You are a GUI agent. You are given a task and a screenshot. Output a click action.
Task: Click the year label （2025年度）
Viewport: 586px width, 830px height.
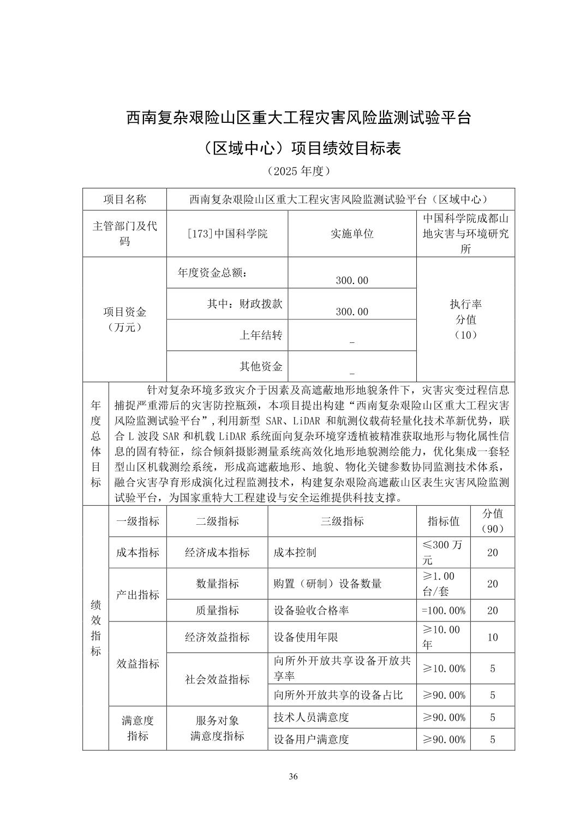[x=298, y=171]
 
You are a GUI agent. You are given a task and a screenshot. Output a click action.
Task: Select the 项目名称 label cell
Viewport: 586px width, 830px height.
[x=125, y=199]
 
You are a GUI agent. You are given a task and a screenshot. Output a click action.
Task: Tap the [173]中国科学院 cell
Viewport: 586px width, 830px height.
[x=227, y=234]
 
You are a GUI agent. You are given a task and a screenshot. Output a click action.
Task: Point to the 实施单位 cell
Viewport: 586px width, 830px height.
[x=352, y=234]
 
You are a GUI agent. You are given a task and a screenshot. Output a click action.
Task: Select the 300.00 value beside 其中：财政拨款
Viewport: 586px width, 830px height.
[x=352, y=311]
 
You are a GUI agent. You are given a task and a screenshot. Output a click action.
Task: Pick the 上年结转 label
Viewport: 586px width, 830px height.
[x=261, y=335]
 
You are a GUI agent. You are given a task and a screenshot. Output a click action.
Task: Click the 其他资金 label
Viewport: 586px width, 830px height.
[x=261, y=366]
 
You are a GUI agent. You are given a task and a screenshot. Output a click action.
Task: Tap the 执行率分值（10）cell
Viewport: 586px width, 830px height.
[x=465, y=319]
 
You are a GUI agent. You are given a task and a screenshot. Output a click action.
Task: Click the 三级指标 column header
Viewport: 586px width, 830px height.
[x=342, y=521]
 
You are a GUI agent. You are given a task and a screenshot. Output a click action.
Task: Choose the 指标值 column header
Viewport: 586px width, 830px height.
[x=443, y=521]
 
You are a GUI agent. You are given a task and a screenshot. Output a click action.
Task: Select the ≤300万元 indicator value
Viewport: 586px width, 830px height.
[x=443, y=552]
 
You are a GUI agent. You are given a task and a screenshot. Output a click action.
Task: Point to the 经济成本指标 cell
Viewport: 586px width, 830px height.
[x=217, y=552]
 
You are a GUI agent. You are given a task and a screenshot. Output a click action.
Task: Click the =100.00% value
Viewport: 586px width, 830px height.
[x=444, y=610]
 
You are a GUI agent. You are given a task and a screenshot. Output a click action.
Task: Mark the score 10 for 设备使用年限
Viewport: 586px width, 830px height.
[x=492, y=637]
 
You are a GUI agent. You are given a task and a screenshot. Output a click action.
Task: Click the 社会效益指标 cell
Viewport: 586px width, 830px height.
[x=217, y=679]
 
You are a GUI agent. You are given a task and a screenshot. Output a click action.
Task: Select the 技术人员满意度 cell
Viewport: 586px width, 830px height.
[x=311, y=717]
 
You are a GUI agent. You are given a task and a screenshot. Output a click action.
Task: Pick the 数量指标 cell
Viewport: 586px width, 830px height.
[x=217, y=584]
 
